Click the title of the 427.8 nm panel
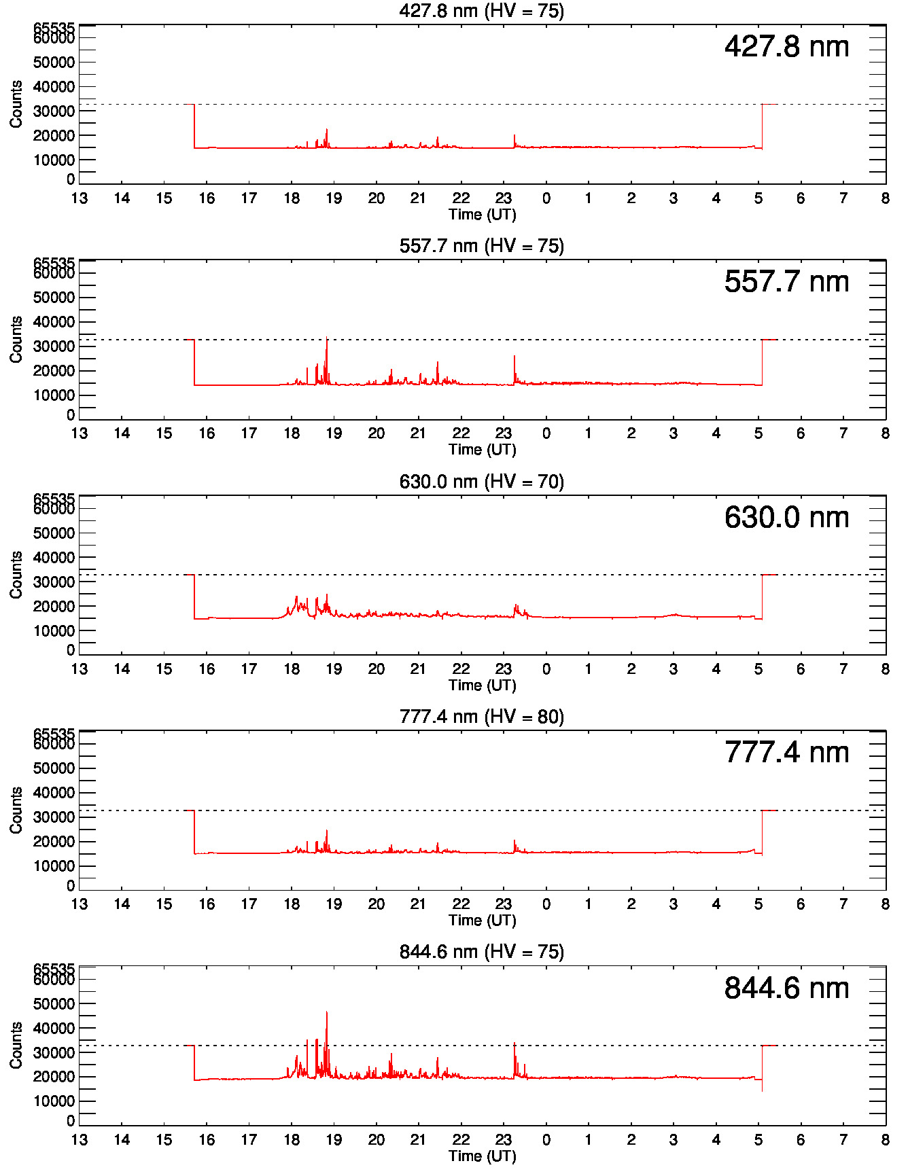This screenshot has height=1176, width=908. tap(481, 11)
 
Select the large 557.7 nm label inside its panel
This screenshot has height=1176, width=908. tap(786, 282)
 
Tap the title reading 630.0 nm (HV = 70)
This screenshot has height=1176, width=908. tap(481, 482)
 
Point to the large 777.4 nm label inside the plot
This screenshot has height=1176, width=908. tap(786, 753)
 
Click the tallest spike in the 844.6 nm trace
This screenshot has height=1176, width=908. tap(327, 1012)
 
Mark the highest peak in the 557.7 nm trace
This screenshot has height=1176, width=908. tap(327, 338)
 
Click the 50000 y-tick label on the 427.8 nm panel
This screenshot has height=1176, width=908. tap(54, 63)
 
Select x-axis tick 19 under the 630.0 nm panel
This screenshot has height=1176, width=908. tap(334, 669)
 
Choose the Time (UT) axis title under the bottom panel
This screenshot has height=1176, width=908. tap(483, 1156)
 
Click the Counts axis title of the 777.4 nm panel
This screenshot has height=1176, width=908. tap(16, 810)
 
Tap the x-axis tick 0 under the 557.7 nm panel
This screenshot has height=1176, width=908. tap(546, 433)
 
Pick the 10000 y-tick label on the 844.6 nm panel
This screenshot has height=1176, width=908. tap(54, 1101)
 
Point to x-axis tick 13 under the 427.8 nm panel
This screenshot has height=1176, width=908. tap(80, 198)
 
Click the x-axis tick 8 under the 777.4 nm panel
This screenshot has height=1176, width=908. tap(885, 904)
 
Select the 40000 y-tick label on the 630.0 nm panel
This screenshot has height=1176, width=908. tap(54, 558)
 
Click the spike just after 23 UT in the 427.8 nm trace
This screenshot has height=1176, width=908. tap(514, 136)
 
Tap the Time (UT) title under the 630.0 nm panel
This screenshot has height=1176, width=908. tap(483, 685)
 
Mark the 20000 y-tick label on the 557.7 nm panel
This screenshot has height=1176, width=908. tap(54, 371)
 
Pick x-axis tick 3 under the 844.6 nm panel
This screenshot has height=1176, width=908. tap(674, 1140)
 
